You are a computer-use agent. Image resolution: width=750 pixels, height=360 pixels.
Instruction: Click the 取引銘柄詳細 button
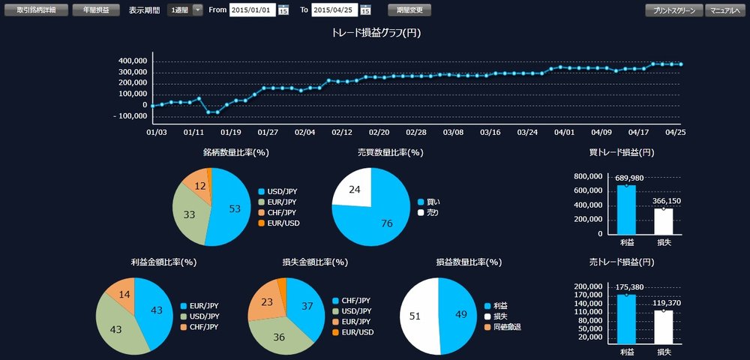tap(37, 10)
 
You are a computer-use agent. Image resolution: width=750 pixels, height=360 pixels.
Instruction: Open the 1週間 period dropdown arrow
tap(197, 10)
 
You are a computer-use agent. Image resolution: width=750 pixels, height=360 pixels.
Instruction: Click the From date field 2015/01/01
tap(253, 10)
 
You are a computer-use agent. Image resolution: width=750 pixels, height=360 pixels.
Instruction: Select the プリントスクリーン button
tap(673, 10)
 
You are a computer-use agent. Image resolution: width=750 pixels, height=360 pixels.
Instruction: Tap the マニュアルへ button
tap(725, 10)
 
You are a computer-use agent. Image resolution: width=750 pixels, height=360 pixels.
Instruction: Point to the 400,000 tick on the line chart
tap(134, 61)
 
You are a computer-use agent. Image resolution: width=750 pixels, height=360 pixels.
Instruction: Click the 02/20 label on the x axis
tap(379, 131)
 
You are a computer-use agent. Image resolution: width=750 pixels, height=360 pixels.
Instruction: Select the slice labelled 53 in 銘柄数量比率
tap(229, 208)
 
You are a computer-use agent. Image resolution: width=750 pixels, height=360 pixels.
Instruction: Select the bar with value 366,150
tap(663, 220)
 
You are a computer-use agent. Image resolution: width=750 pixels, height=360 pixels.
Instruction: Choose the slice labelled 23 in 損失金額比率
tap(265, 301)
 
